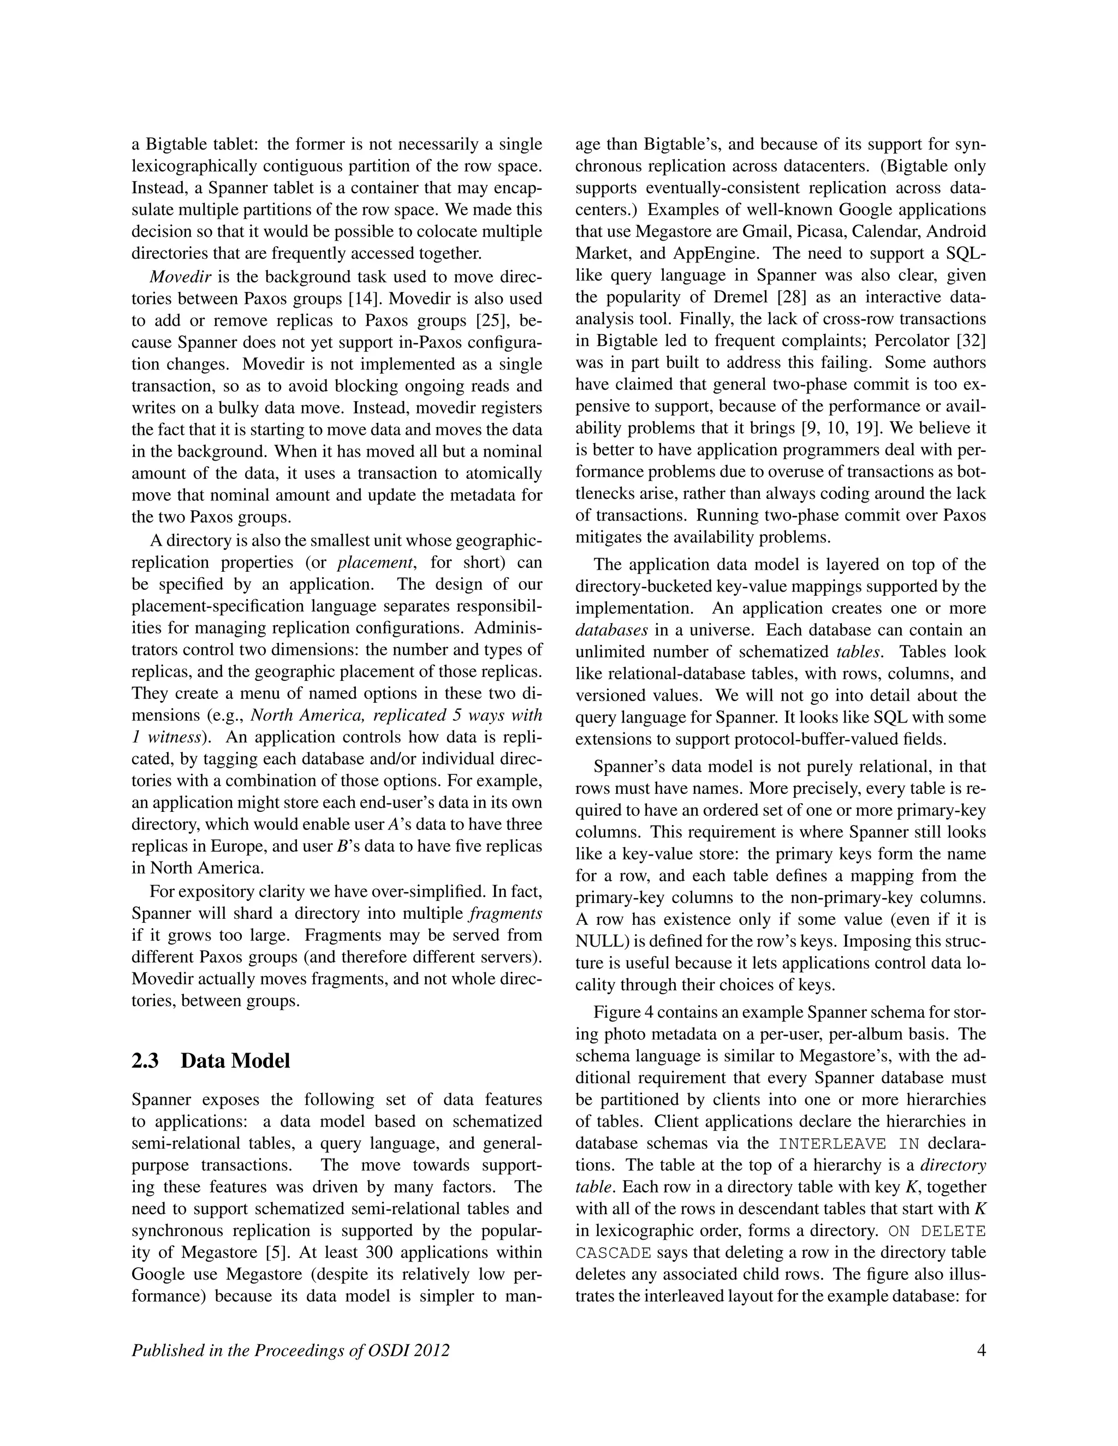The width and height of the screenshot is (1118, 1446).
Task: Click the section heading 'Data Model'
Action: point(235,1061)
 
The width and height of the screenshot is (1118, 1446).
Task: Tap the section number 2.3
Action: point(145,1061)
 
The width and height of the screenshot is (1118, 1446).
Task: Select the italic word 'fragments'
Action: point(505,913)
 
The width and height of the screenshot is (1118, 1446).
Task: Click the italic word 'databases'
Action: point(611,630)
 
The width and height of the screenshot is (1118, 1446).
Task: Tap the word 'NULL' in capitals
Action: point(597,941)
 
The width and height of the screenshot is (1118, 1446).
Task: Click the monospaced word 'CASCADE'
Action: point(613,1253)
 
